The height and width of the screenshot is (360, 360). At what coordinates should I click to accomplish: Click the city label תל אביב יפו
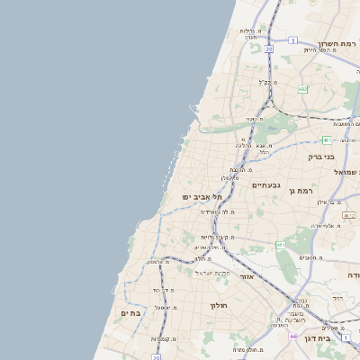(x=198, y=196)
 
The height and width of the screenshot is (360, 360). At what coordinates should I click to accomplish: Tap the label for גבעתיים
(x=268, y=185)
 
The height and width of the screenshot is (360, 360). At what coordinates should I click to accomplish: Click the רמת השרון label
(x=335, y=42)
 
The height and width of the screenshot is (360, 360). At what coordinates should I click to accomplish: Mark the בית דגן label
(x=337, y=337)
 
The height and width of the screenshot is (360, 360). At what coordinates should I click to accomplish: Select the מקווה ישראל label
(x=213, y=273)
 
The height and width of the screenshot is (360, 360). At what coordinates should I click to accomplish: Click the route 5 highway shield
(x=293, y=40)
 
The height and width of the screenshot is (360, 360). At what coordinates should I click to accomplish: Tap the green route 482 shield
(x=303, y=89)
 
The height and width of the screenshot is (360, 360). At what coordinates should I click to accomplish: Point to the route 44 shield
(x=292, y=336)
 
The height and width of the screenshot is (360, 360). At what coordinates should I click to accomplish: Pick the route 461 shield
(x=282, y=244)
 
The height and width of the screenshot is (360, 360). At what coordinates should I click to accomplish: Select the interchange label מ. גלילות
(x=249, y=31)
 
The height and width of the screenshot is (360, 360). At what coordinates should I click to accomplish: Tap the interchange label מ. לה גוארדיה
(x=217, y=211)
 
